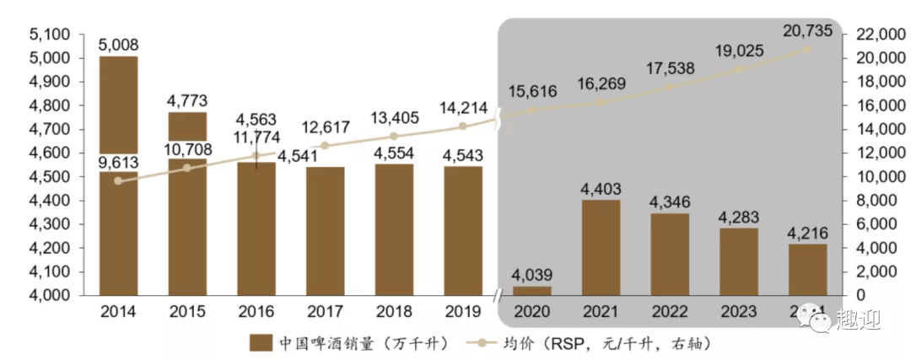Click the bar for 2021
(600, 248)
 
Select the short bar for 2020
(531, 290)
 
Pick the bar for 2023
(738, 261)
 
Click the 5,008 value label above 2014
(119, 44)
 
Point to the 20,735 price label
(807, 30)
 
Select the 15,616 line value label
(532, 92)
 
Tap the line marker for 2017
(325, 145)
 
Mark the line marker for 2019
(462, 126)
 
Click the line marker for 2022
(670, 87)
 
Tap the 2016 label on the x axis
(256, 311)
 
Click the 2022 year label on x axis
(670, 311)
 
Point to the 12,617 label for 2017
(325, 127)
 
